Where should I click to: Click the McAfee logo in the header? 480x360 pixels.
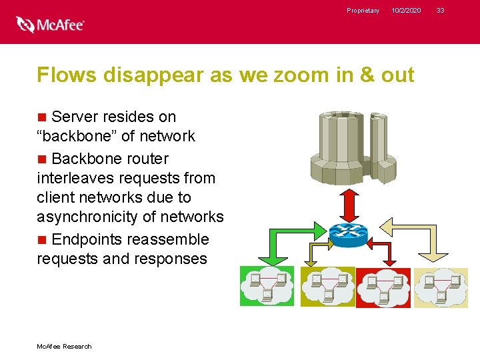click(x=50, y=25)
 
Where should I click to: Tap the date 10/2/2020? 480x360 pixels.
click(x=406, y=11)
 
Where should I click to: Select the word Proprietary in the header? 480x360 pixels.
click(x=363, y=11)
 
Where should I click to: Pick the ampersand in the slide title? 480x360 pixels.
click(x=368, y=75)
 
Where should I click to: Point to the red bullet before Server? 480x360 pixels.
click(x=42, y=117)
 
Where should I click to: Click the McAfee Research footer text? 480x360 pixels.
click(x=64, y=346)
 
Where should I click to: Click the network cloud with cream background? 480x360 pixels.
click(x=441, y=287)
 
